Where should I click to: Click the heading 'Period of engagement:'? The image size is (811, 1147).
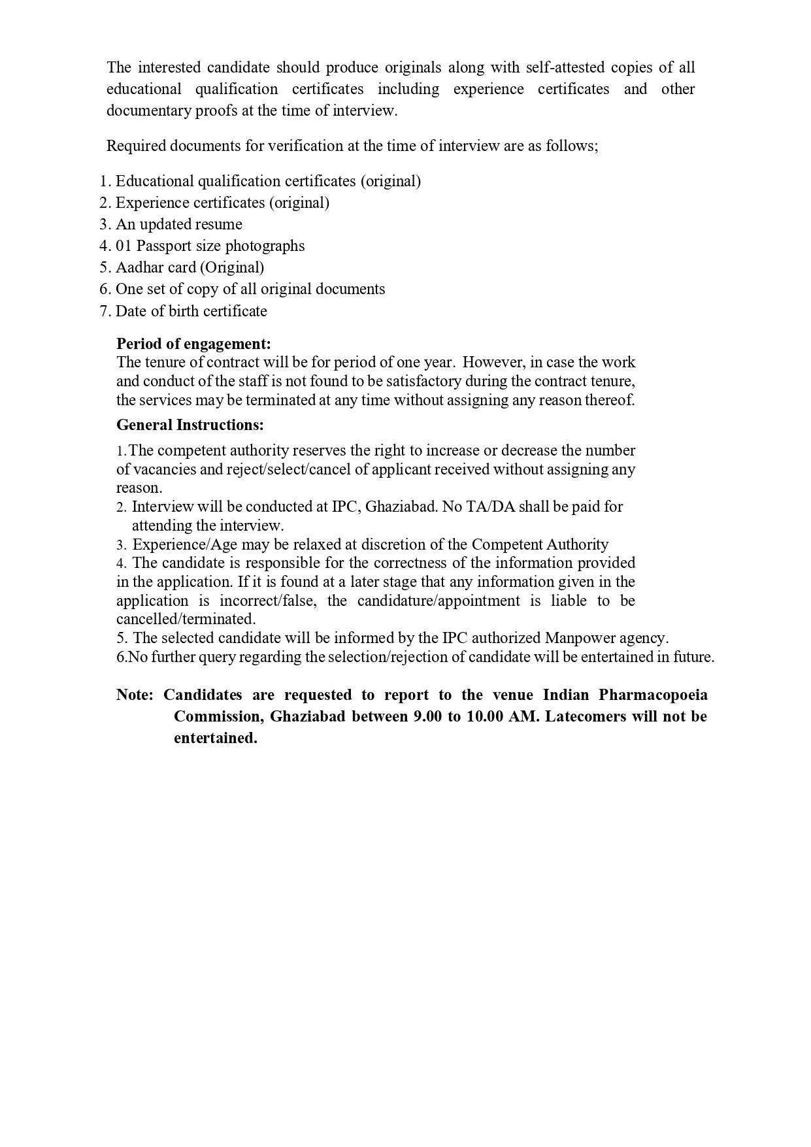[193, 344]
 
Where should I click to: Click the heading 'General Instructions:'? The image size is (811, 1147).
[190, 425]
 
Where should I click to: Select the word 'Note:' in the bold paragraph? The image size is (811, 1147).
[135, 695]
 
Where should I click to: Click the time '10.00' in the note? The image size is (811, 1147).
[484, 716]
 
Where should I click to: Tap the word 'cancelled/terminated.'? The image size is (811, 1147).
[186, 619]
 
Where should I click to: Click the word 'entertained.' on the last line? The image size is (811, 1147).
[216, 738]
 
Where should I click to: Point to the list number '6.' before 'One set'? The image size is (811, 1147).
[105, 289]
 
